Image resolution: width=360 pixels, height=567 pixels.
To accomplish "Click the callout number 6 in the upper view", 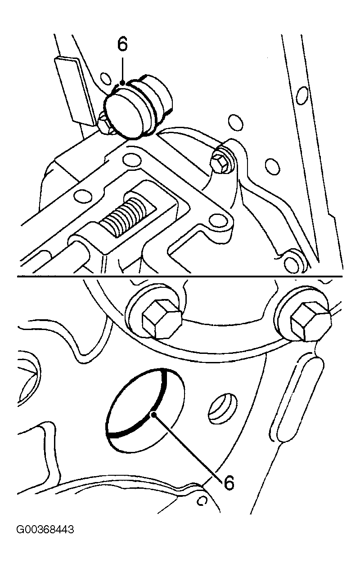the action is [122, 45].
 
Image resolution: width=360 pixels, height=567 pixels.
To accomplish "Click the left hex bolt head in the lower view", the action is [162, 319].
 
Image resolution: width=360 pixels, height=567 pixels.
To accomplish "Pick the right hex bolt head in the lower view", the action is [311, 321].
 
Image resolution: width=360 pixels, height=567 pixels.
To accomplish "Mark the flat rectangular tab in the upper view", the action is [75, 92].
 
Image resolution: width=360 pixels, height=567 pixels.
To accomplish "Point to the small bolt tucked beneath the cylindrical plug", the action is [106, 124].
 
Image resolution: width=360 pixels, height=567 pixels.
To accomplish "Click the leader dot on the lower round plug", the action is [153, 414].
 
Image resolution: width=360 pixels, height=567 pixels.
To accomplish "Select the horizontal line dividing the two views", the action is [180, 276].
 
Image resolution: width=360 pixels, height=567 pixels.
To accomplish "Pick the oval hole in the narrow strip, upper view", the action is [302, 95].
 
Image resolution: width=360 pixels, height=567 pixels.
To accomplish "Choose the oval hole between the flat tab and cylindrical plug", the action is [106, 79].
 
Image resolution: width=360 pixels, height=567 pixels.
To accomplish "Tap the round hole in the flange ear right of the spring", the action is [219, 220].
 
